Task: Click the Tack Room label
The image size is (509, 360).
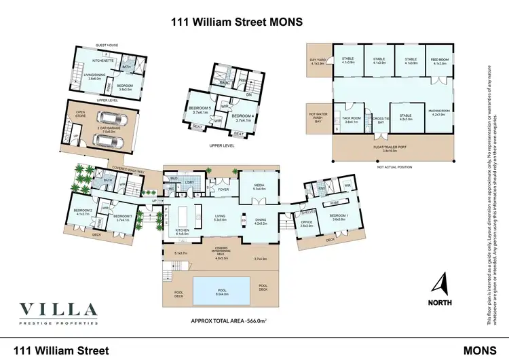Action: [351, 120]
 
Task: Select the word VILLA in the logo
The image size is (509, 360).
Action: [59, 309]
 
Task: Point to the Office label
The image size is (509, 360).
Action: [306, 223]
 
